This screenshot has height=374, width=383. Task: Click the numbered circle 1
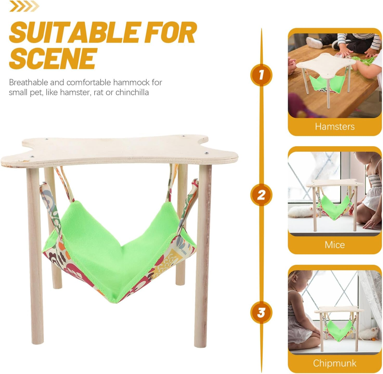[x=261, y=75]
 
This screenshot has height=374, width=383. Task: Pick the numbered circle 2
[x=261, y=195]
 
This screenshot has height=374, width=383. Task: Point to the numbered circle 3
[x=261, y=312]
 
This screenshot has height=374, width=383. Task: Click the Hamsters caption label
[x=335, y=127]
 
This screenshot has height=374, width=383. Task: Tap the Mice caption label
[x=335, y=245]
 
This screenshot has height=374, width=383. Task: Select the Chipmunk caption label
[x=335, y=363]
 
